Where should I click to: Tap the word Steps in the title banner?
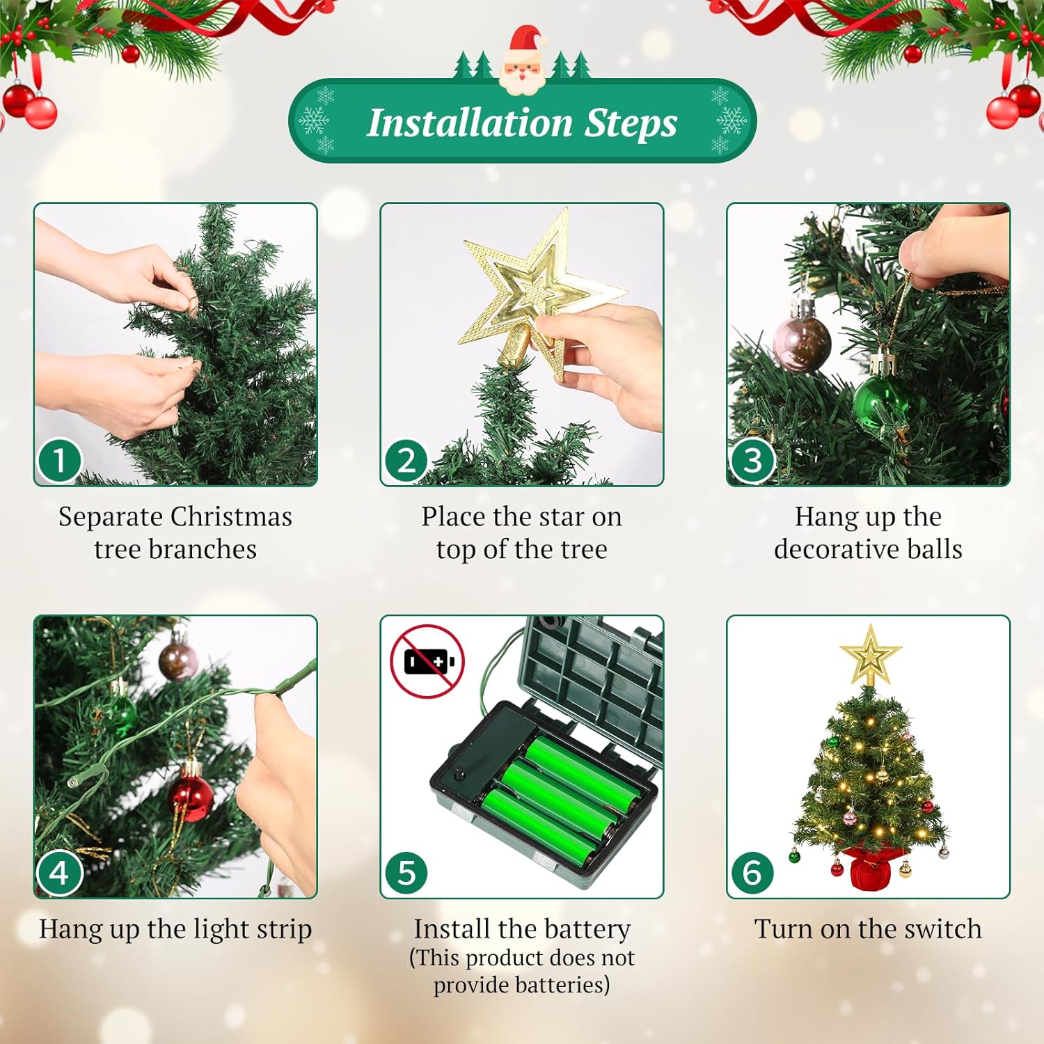pos(631,122)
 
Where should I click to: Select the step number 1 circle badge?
pos(59,460)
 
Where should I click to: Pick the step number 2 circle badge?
pos(406,460)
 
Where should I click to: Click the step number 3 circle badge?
pos(752,460)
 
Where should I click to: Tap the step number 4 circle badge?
pos(59,873)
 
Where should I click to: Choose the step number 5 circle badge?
pos(406,873)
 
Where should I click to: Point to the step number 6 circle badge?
pos(752,873)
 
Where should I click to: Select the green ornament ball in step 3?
pos(879,402)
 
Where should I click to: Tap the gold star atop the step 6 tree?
pos(870,655)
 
